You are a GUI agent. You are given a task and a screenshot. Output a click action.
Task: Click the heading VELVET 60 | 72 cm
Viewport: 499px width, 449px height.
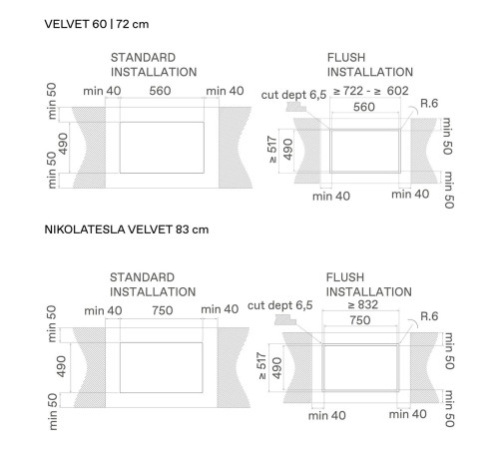point(97,24)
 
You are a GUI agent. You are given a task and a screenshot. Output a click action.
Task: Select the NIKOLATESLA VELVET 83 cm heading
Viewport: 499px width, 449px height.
point(127,229)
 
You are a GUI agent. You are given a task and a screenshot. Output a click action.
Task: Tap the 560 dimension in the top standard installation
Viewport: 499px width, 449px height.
point(160,91)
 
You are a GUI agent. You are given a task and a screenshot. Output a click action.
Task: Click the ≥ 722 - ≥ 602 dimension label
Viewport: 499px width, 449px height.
point(371,91)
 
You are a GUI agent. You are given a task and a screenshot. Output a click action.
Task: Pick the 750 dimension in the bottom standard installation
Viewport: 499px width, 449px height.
point(163,310)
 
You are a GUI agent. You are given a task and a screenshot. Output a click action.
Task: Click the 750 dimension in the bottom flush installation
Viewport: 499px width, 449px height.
point(360,320)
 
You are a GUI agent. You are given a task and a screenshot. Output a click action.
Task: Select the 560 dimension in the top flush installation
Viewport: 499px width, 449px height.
point(364,107)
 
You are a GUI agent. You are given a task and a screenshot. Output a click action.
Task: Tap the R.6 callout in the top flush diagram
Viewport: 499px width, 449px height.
point(429,104)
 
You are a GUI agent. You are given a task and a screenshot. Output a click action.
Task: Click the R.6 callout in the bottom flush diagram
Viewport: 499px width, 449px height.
point(429,316)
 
